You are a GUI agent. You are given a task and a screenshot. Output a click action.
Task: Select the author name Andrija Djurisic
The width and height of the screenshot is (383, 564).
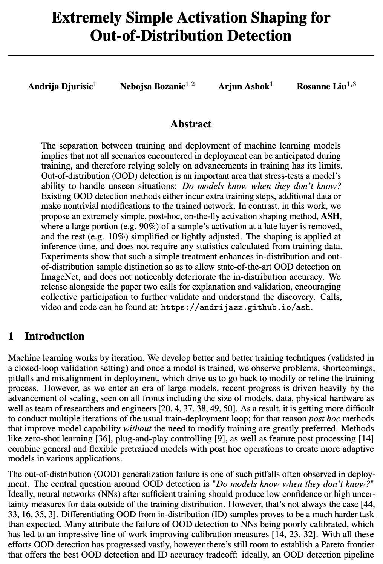[60, 87]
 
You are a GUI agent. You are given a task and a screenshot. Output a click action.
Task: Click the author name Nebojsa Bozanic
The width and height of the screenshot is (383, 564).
[152, 87]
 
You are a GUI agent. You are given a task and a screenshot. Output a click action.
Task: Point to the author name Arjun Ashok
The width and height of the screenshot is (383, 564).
[244, 87]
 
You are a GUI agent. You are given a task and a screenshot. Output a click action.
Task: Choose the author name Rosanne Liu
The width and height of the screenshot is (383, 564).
[321, 87]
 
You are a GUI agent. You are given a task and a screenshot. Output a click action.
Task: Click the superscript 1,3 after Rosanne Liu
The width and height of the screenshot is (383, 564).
[351, 84]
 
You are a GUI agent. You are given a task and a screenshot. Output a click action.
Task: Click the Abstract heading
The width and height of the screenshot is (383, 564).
[191, 124]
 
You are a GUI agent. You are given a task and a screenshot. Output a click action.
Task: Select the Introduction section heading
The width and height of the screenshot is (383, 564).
[54, 336]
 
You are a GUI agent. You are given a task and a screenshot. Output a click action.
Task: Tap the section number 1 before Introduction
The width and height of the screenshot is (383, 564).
[11, 336]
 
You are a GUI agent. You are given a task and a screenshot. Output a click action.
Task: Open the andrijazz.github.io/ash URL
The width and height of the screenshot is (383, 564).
[236, 307]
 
